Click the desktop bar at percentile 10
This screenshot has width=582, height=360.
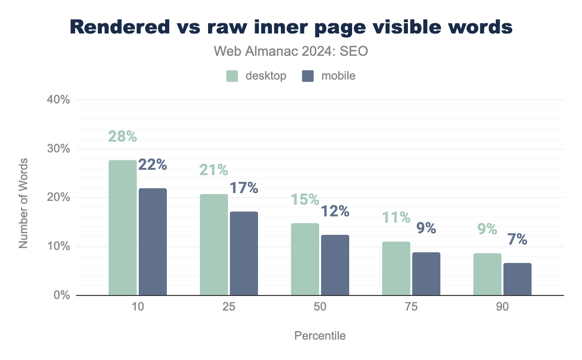[x=123, y=228]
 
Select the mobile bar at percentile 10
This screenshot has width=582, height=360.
[x=153, y=242]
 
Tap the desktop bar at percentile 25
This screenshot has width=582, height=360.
[x=214, y=245]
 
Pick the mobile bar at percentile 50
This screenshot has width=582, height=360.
[x=335, y=265]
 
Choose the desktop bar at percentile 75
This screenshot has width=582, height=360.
[x=396, y=268]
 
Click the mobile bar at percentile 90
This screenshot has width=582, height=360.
[x=517, y=279]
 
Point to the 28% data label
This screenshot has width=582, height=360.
[x=122, y=137]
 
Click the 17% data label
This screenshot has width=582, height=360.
[x=243, y=188]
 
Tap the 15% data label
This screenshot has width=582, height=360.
[x=305, y=199]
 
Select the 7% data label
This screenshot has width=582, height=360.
[x=517, y=239]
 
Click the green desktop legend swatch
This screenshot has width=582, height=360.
[x=232, y=76]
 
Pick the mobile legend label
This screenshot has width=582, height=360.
[x=338, y=76]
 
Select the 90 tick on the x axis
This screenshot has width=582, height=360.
[x=502, y=307]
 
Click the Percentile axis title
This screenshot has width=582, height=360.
[x=320, y=336]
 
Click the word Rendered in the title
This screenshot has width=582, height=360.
[x=118, y=27]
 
